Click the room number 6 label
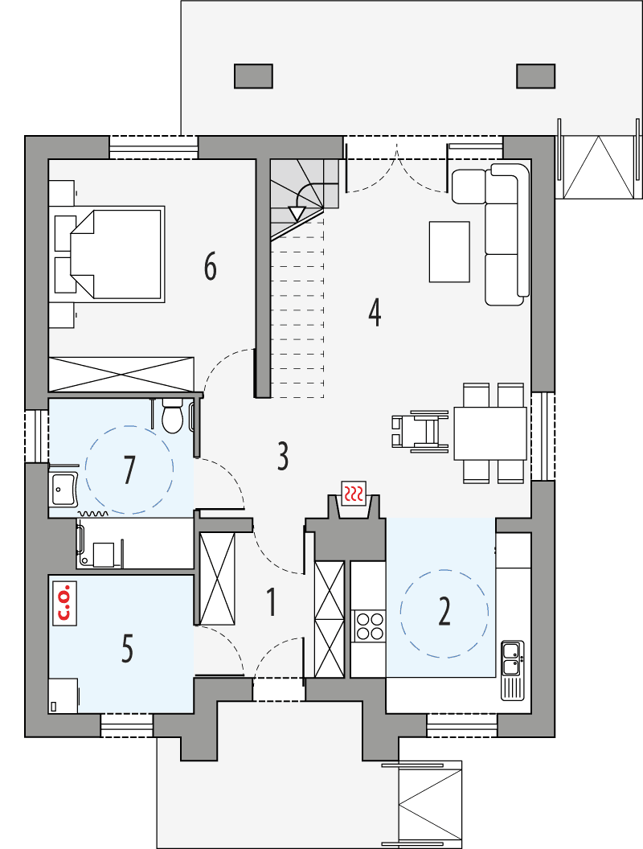[x=210, y=266]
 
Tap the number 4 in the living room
[x=374, y=312]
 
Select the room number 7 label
[x=129, y=470]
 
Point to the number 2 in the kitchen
[x=444, y=612]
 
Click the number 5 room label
[x=127, y=649]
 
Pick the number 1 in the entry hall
[x=272, y=602]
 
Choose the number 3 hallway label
[x=282, y=456]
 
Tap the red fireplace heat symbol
[x=354, y=493]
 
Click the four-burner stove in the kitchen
[x=369, y=625]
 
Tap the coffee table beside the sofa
[x=449, y=252]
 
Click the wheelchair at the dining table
[x=420, y=430]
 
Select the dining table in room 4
[x=489, y=433]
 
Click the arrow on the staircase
[x=297, y=214]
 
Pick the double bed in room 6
[x=117, y=253]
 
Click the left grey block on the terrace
[x=253, y=76]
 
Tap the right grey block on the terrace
[x=536, y=76]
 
